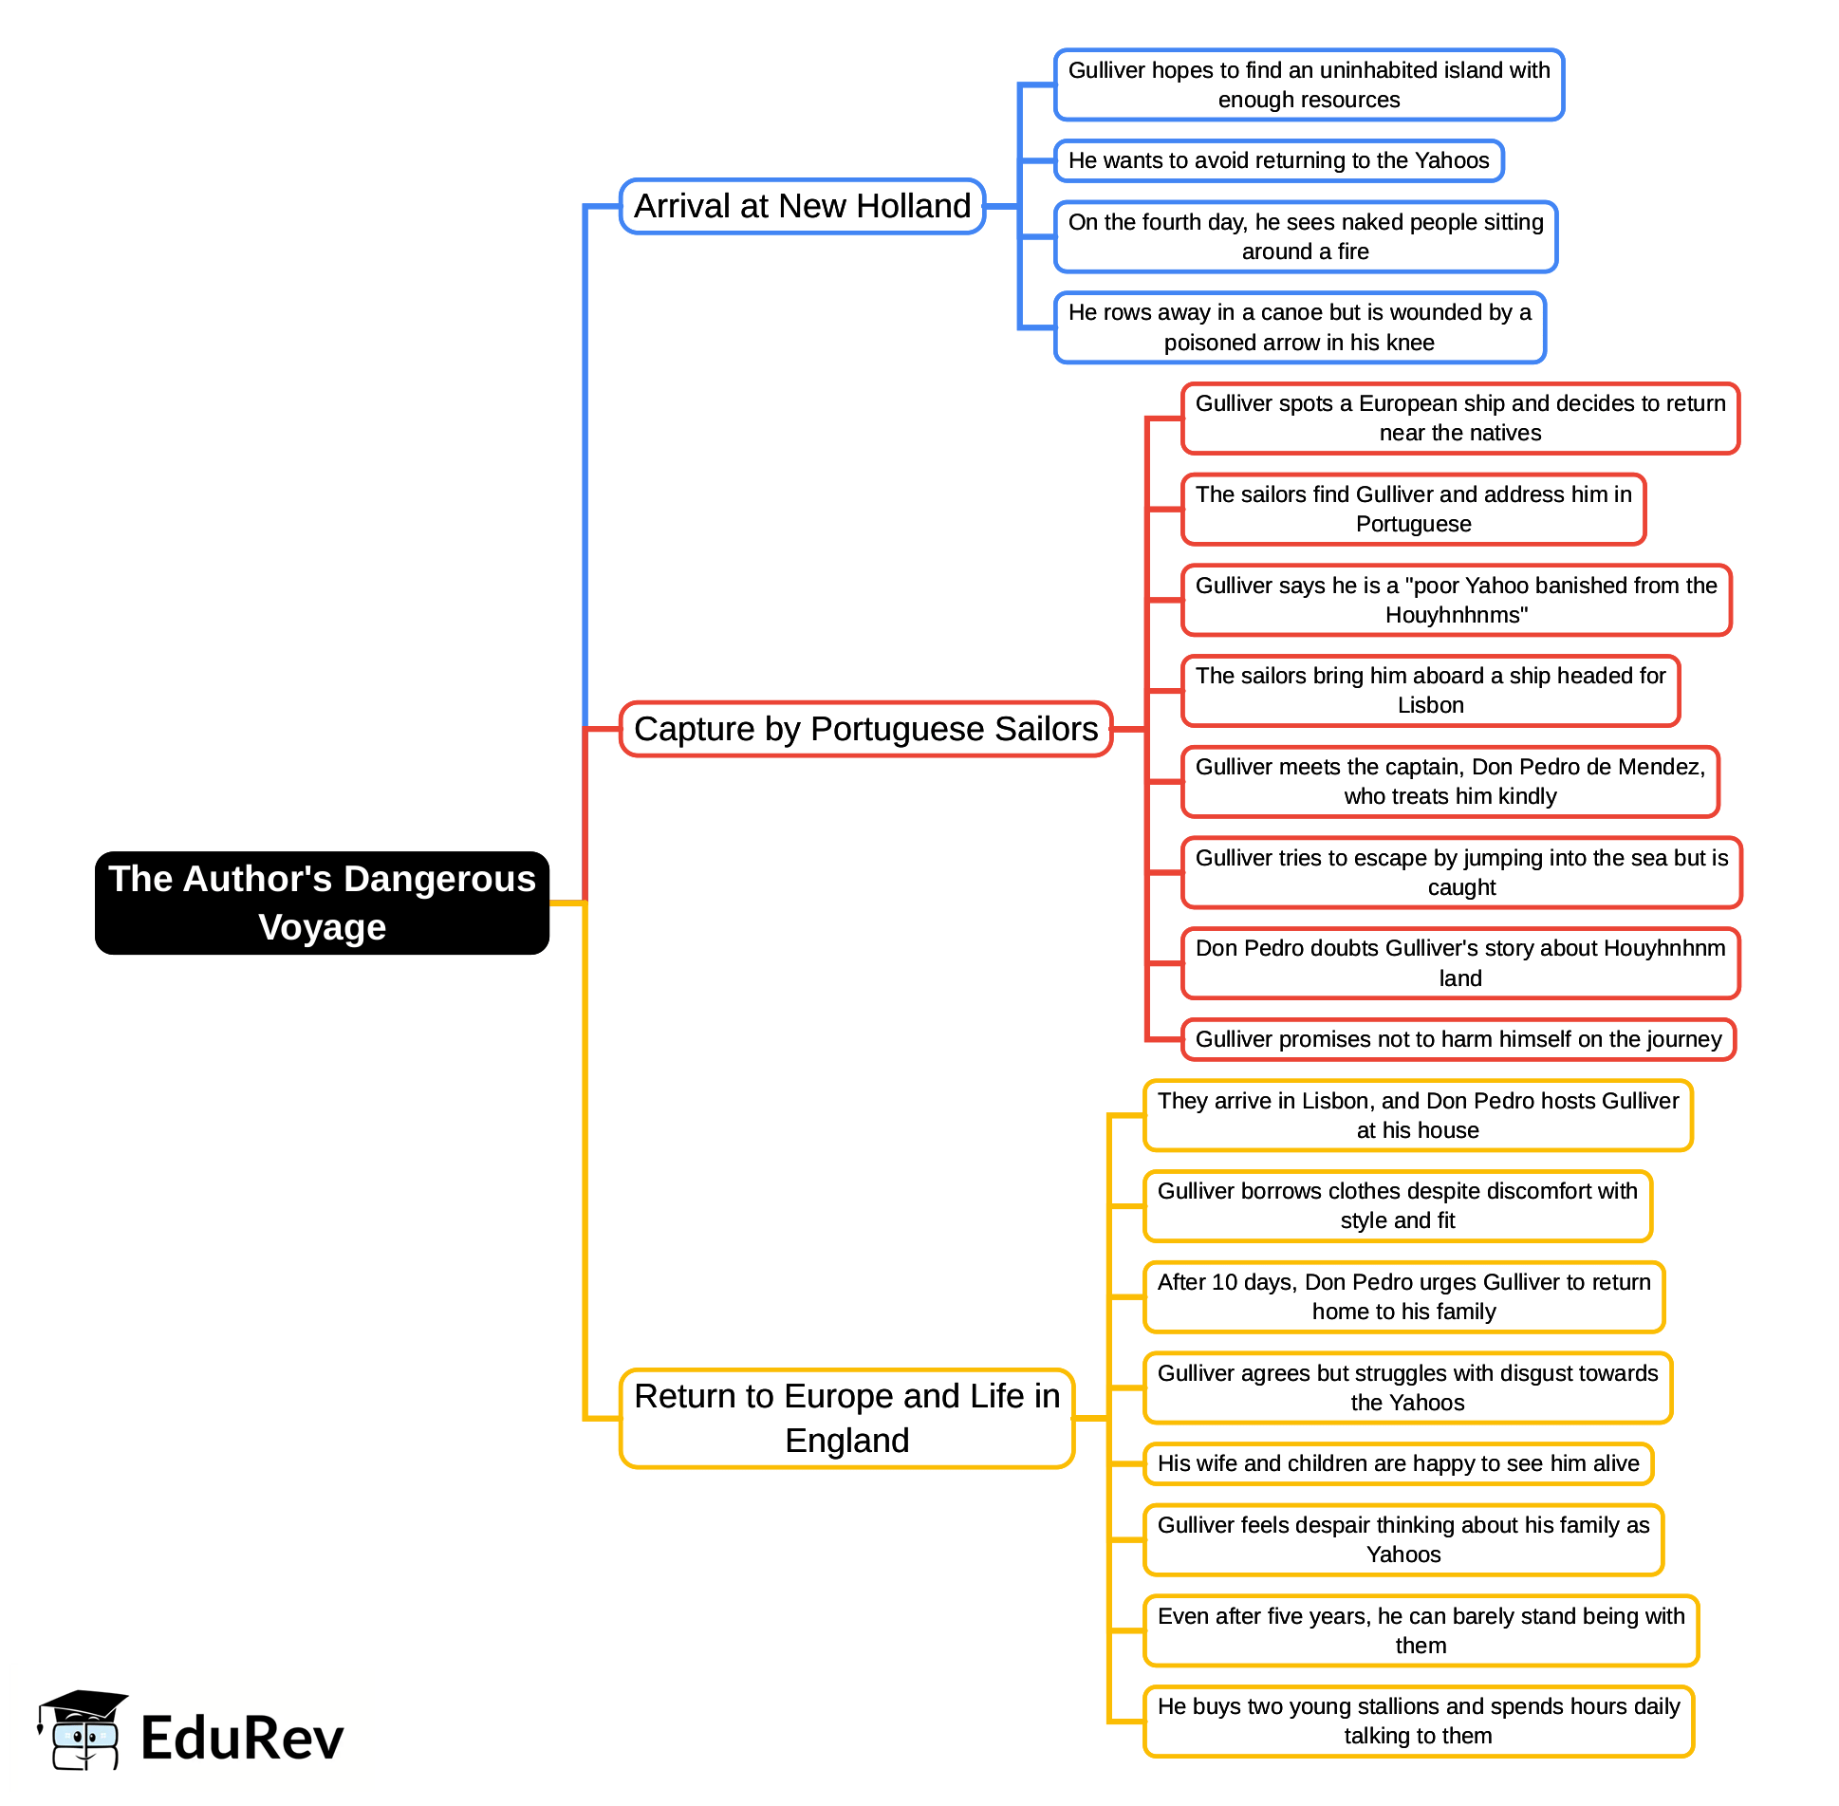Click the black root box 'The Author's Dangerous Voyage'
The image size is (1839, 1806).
[x=322, y=903]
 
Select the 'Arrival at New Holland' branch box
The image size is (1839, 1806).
[x=802, y=206]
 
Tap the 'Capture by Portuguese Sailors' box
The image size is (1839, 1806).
[x=865, y=729]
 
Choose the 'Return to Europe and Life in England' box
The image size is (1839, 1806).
[x=846, y=1418]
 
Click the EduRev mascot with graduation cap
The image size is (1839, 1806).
[x=82, y=1730]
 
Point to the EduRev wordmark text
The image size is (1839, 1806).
[x=242, y=1739]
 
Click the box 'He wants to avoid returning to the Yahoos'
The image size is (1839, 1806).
[x=1278, y=160]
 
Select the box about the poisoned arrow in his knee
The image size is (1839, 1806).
[x=1299, y=327]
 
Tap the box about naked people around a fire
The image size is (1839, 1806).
[x=1305, y=236]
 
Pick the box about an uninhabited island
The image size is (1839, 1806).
[x=1309, y=84]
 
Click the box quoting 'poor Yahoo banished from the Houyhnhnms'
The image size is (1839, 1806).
[x=1456, y=600]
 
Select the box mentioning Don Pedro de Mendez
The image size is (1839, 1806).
[x=1450, y=781]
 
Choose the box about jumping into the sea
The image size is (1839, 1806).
[x=1461, y=872]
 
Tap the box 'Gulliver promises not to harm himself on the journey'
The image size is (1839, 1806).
[x=1458, y=1039]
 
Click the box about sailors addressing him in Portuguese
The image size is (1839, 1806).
[x=1413, y=509]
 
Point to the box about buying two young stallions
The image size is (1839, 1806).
[x=1418, y=1721]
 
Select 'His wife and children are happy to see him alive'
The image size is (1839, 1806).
[x=1398, y=1463]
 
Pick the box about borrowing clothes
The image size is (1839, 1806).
[x=1397, y=1205]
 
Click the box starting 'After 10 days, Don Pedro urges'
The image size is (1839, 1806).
[x=1403, y=1296]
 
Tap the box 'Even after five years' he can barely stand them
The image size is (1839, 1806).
[x=1421, y=1630]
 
